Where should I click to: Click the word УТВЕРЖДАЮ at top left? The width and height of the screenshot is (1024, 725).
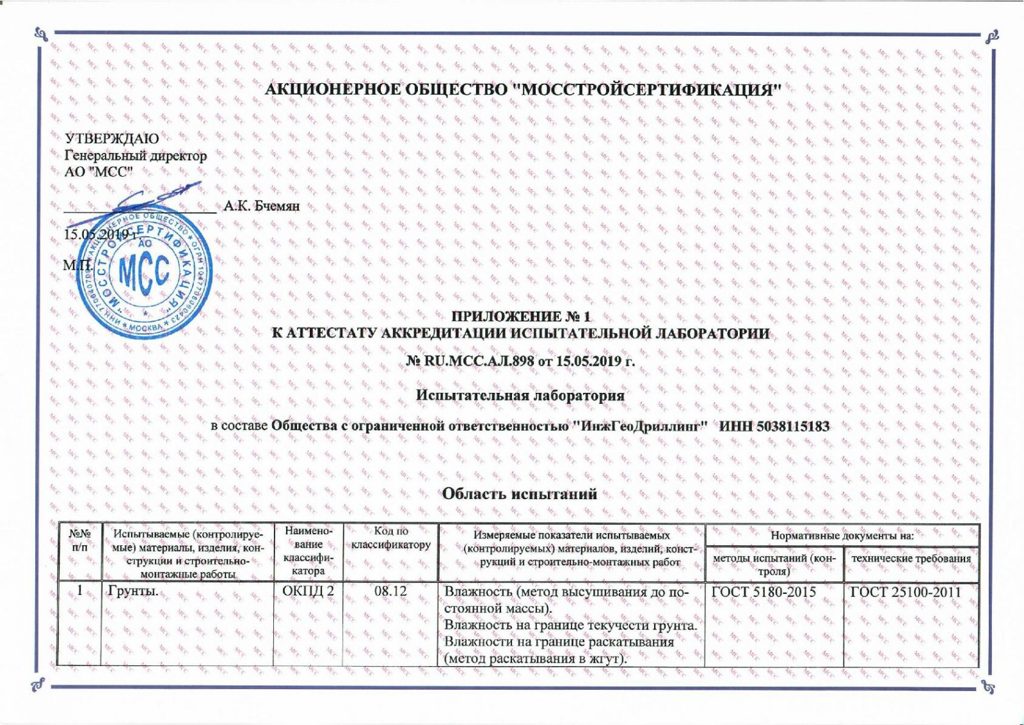(112, 138)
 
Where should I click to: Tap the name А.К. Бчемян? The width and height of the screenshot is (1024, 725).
(261, 206)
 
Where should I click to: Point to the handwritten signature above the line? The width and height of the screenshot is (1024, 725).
(163, 195)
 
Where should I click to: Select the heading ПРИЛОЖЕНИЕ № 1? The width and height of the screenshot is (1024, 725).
(520, 316)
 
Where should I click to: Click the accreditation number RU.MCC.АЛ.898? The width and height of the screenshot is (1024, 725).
(479, 361)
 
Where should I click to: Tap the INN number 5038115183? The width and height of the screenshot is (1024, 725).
(793, 426)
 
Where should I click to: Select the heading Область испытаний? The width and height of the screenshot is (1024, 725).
(520, 493)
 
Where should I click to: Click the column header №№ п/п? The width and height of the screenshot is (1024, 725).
(79, 539)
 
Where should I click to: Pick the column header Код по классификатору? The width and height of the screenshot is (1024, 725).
(390, 538)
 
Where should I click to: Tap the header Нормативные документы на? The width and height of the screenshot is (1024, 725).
(842, 536)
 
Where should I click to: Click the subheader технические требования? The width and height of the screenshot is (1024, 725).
(911, 559)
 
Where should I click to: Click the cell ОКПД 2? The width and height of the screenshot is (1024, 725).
(308, 591)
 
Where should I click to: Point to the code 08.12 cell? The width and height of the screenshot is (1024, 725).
(390, 591)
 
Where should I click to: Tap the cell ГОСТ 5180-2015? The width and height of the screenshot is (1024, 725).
(764, 592)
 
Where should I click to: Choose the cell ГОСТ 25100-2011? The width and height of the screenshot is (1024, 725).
(905, 592)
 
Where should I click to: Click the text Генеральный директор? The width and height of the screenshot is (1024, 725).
(136, 155)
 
